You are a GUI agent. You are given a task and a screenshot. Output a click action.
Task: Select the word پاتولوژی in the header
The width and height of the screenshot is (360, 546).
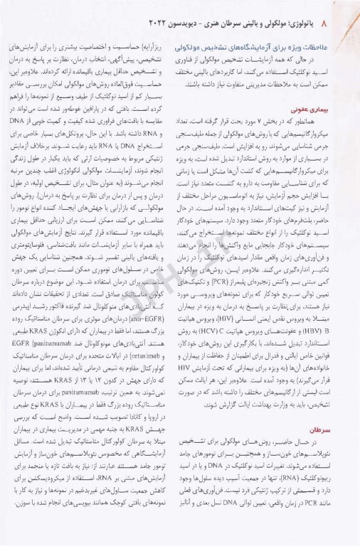(324, 15)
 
